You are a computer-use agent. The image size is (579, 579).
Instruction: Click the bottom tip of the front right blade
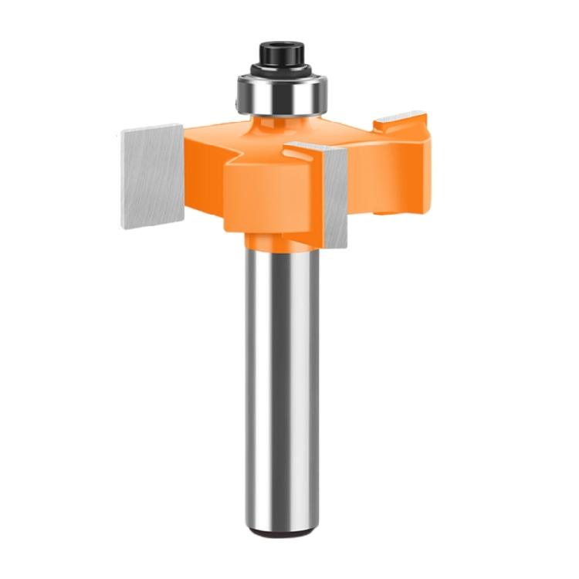[x=340, y=245]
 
